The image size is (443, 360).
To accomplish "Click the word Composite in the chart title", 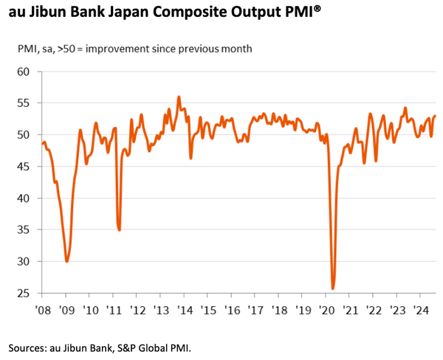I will pyautogui.click(x=202, y=13).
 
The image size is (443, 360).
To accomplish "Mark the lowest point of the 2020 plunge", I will pyautogui.click(x=333, y=288).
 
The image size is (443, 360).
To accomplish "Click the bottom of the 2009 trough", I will pyautogui.click(x=67, y=261).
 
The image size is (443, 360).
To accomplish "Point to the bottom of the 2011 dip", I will pyautogui.click(x=120, y=230).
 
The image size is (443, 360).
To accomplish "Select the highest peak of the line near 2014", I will pyautogui.click(x=179, y=97).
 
